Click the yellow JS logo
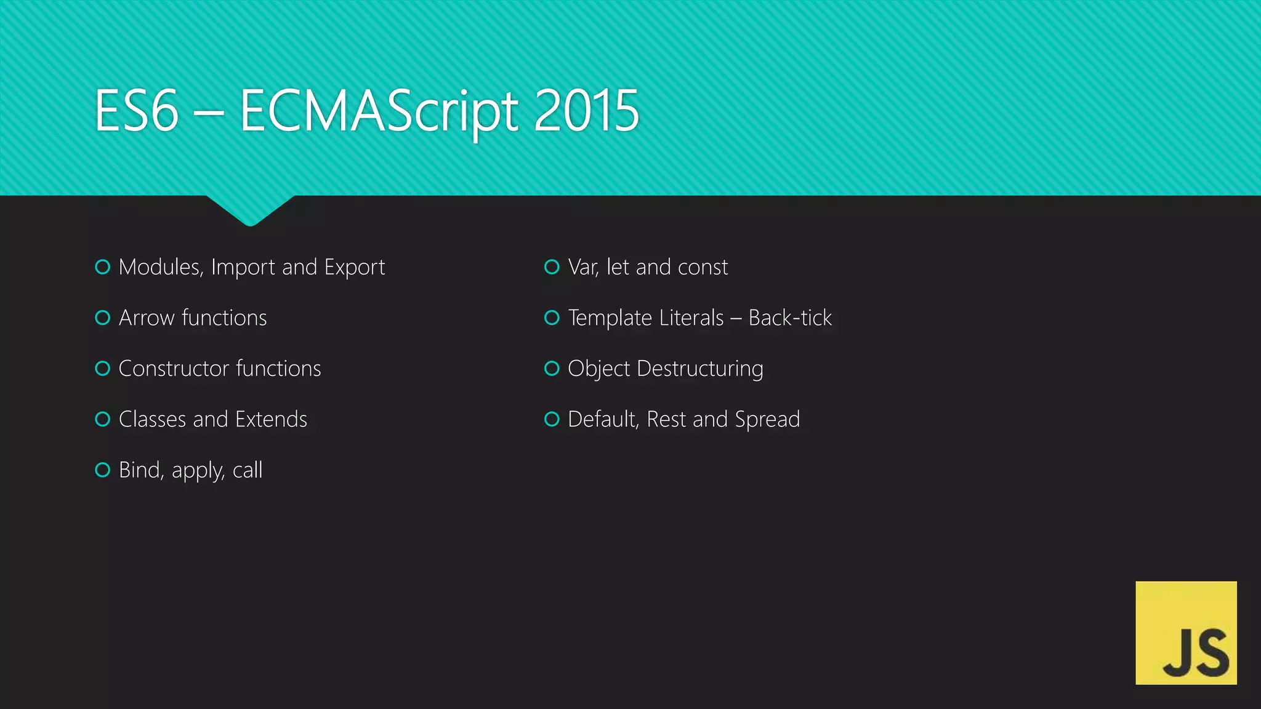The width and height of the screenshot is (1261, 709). click(x=1186, y=632)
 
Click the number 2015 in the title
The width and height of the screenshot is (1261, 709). click(x=586, y=111)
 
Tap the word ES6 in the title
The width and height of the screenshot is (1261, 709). click(x=137, y=111)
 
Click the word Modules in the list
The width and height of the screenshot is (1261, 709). click(x=160, y=267)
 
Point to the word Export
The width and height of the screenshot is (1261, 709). click(x=354, y=268)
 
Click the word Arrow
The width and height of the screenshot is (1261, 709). click(x=147, y=318)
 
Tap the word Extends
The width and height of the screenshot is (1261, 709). click(x=271, y=419)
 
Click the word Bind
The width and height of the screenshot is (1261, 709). click(x=141, y=470)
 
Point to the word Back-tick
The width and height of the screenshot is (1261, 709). click(x=790, y=318)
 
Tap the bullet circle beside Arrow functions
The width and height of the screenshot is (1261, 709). click(x=103, y=318)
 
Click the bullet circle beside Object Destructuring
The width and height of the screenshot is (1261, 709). click(x=552, y=368)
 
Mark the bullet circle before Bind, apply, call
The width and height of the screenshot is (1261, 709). click(x=103, y=470)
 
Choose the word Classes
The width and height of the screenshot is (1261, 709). click(x=152, y=419)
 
